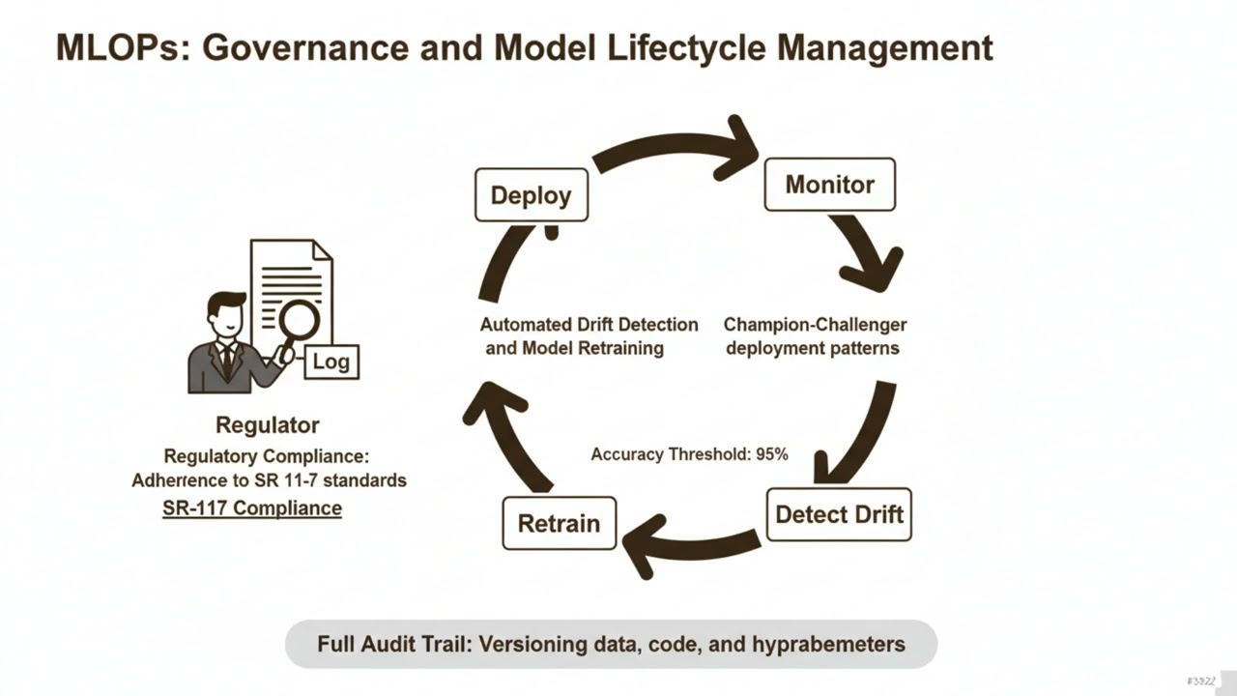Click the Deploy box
(x=531, y=195)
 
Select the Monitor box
(x=829, y=185)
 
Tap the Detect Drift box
(x=838, y=514)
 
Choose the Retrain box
(x=559, y=524)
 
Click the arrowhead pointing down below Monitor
(x=875, y=271)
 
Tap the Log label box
(x=331, y=362)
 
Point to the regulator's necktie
(x=226, y=361)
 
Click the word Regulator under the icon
(x=267, y=424)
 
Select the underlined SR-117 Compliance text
(x=252, y=507)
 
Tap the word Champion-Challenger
(x=815, y=325)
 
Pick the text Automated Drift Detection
(x=589, y=325)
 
